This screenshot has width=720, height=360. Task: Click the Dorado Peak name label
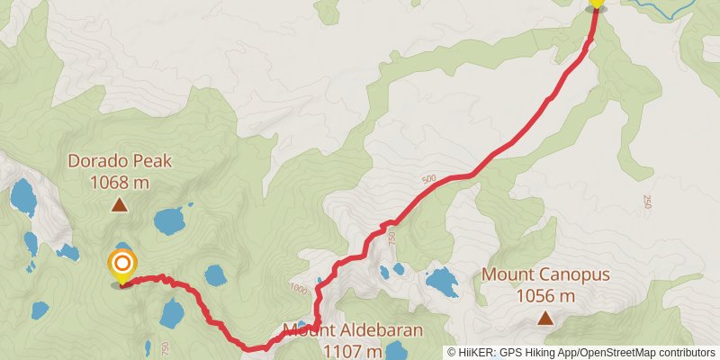(119, 162)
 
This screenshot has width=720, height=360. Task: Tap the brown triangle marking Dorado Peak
(119, 205)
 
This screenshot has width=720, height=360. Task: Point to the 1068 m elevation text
(119, 183)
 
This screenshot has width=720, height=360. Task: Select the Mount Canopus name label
(545, 274)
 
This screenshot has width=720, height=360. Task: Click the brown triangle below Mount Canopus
(545, 317)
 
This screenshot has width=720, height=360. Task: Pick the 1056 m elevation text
(545, 295)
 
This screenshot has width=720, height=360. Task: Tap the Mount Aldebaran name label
(353, 330)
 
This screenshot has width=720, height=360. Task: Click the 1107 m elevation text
(353, 350)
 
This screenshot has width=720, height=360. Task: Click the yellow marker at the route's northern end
(596, 4)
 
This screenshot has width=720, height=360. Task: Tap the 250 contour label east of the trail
(647, 202)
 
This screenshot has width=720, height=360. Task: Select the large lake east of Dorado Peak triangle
(171, 220)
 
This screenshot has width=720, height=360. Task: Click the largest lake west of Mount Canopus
(441, 282)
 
